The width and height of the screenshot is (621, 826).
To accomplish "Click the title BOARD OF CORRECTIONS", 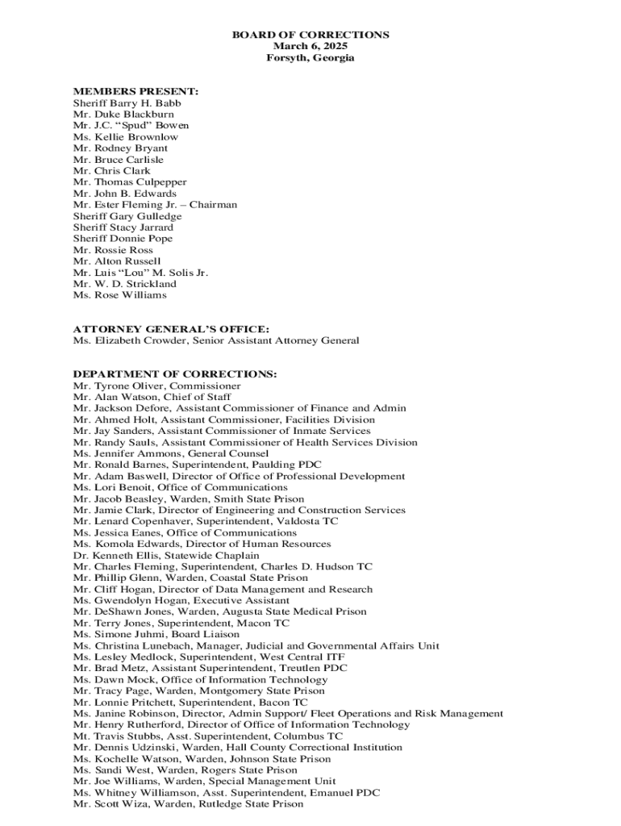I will click(x=310, y=35).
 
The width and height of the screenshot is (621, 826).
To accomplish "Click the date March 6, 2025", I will click(x=310, y=47).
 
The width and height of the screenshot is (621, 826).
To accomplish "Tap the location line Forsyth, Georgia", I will click(x=310, y=58).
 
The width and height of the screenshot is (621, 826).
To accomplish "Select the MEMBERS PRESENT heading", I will click(x=135, y=92).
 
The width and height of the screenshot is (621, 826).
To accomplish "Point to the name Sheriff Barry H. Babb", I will click(x=127, y=103).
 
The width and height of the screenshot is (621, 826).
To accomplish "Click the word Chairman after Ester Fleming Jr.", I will click(x=213, y=205).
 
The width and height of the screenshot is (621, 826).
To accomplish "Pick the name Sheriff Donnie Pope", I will click(x=123, y=239).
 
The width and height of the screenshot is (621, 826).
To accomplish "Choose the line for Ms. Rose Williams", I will click(x=120, y=295).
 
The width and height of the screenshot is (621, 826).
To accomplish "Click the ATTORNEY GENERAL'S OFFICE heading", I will click(x=171, y=329).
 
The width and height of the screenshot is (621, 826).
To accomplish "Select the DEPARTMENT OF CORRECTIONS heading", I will click(x=175, y=374).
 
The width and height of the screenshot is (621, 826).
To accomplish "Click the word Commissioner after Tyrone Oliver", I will click(x=206, y=386).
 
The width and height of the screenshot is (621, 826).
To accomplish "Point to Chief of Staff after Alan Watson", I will click(x=198, y=397).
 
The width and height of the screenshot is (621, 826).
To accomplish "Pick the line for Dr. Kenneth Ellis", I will click(x=166, y=555).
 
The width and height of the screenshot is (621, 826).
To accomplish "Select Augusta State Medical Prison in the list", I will click(x=298, y=611).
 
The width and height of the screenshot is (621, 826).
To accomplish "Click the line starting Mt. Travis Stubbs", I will click(x=207, y=736).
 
